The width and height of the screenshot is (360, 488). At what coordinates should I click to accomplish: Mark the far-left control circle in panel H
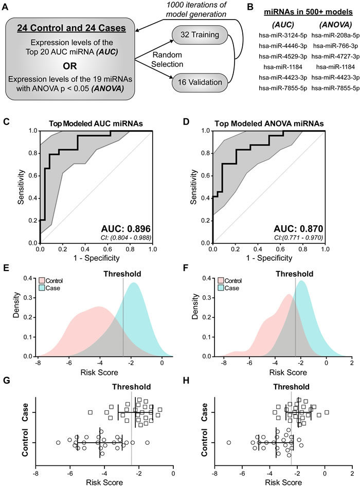pos(228,442)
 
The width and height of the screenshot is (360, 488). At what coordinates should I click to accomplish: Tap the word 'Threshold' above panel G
pos(131,387)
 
